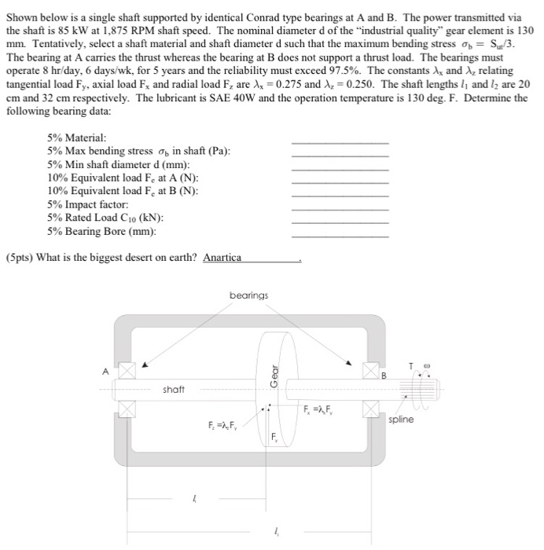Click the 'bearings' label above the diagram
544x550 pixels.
pos(248,295)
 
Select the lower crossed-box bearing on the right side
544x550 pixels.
pos(370,409)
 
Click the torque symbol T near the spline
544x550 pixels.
pos(410,365)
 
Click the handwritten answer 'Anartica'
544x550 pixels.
pos(222,258)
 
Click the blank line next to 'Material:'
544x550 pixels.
pos(340,141)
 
